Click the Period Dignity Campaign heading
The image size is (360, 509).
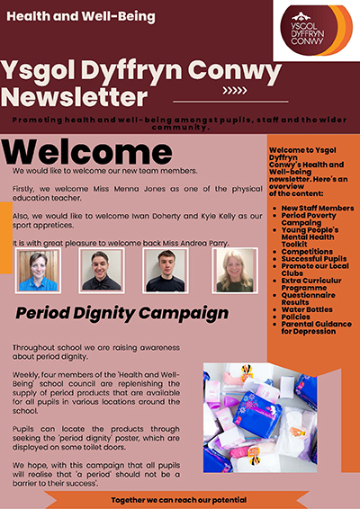[122, 313]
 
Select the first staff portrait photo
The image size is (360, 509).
[38, 270]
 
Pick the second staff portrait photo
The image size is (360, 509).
[100, 270]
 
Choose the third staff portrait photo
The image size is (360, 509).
[165, 270]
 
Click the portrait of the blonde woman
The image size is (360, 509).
[234, 270]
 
